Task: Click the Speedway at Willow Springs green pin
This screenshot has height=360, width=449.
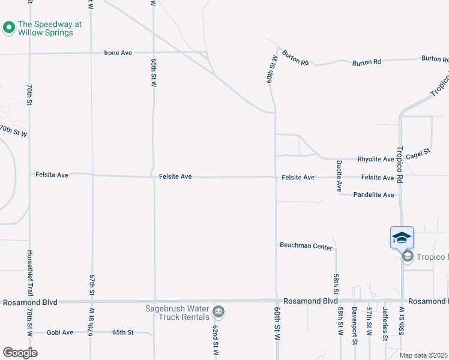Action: pos(9,28)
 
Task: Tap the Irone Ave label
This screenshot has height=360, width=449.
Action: pos(118,53)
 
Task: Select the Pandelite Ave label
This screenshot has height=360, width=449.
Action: pos(373,195)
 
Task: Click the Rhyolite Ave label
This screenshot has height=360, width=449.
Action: pos(376,160)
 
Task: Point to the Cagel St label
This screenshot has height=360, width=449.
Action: pos(418,153)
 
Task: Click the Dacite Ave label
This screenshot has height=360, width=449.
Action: pos(339,176)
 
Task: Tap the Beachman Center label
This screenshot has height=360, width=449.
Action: pos(306,246)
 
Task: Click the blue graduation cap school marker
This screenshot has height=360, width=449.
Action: pos(402,238)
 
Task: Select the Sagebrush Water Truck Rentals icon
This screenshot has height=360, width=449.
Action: pos(219,311)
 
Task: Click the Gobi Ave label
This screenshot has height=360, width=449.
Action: pos(59,332)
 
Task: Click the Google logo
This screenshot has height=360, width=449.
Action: pos(20,353)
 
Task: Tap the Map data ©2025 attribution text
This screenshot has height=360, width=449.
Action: pos(424,355)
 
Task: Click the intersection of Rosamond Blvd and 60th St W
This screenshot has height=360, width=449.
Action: pos(276,301)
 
